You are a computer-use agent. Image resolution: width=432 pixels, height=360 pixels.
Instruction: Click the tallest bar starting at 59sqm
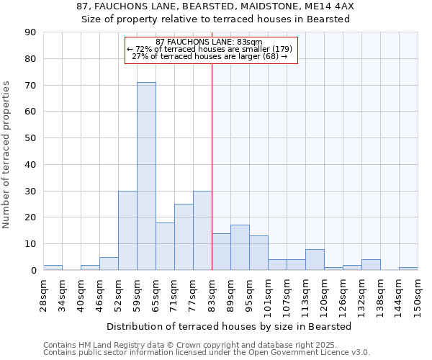click(x=146, y=176)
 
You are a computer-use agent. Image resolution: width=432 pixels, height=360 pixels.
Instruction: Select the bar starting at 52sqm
click(x=127, y=230)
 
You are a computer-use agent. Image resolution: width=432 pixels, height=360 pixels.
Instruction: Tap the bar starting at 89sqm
click(x=240, y=248)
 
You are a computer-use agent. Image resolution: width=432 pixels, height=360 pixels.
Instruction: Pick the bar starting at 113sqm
click(x=315, y=259)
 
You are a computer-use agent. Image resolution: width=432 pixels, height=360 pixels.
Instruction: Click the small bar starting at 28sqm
click(x=53, y=267)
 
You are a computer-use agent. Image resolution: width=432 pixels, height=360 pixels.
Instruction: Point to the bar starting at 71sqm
click(x=184, y=237)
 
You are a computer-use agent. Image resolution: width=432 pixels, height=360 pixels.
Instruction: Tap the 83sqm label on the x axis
click(x=212, y=293)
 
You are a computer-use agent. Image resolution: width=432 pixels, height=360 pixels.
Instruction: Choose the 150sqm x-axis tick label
click(x=418, y=295)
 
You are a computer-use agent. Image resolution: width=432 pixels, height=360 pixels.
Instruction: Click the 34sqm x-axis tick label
click(x=62, y=293)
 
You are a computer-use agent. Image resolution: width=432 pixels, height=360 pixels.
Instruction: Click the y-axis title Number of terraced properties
click(x=6, y=155)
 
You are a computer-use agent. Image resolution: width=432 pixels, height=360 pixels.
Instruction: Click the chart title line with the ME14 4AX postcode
click(x=215, y=6)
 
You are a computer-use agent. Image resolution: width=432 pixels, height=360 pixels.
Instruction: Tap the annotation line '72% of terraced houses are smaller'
click(x=210, y=49)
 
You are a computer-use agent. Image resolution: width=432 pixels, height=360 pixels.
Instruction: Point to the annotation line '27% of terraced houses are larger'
click(x=210, y=56)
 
